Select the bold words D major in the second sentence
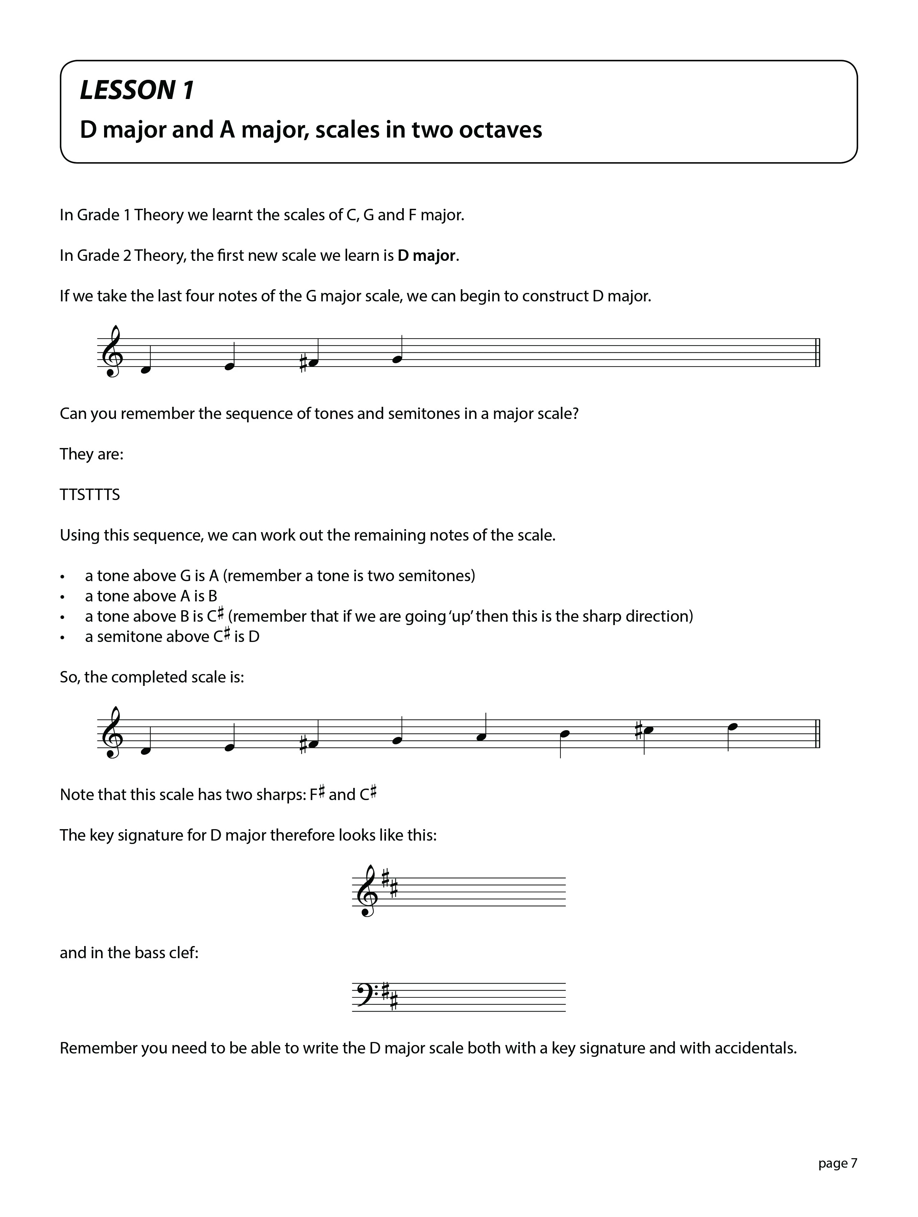click(x=427, y=256)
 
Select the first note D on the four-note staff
click(x=145, y=370)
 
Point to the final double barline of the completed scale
click(x=818, y=734)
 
